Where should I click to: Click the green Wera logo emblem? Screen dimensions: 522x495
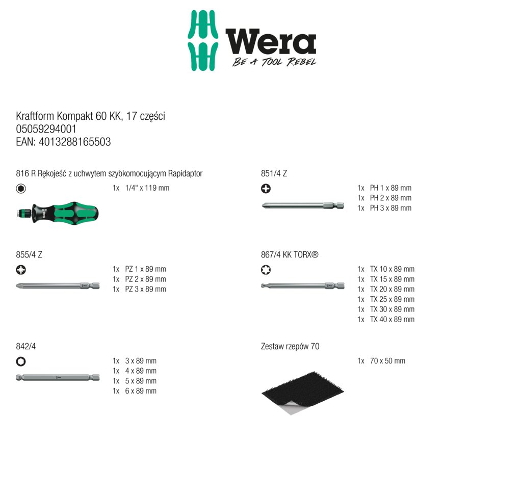[x=203, y=40]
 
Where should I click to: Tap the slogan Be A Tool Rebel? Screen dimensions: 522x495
[x=274, y=62]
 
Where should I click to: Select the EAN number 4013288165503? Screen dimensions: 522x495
[x=75, y=142]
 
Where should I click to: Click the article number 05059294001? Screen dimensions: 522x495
[x=46, y=129]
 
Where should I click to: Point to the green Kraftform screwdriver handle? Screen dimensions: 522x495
[x=58, y=213]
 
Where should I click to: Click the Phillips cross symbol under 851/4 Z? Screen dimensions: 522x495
[x=266, y=189]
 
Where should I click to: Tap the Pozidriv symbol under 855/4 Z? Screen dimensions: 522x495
[x=20, y=270]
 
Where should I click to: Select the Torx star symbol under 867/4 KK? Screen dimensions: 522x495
[x=266, y=270]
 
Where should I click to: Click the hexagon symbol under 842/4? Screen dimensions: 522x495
[x=20, y=361]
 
